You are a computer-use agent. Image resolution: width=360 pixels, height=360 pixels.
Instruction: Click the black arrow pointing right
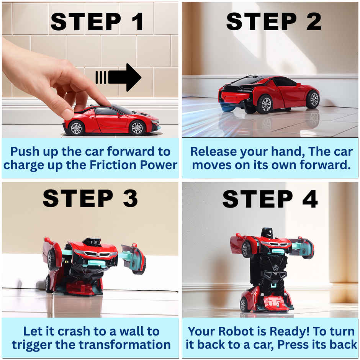[x=118, y=77]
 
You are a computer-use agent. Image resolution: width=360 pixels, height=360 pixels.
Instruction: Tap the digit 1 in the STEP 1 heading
[x=138, y=21]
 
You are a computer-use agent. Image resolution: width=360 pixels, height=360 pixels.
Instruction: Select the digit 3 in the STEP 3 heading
[x=131, y=198]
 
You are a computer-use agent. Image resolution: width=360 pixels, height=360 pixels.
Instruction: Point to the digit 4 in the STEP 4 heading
[x=310, y=199]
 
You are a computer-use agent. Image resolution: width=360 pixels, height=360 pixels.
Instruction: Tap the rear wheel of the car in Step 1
[x=76, y=128]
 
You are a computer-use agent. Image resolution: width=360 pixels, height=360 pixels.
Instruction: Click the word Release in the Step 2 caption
[x=214, y=152]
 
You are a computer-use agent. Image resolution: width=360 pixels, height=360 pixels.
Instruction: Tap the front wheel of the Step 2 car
[x=313, y=100]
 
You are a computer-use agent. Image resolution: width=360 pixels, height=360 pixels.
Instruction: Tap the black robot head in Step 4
[x=267, y=232]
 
